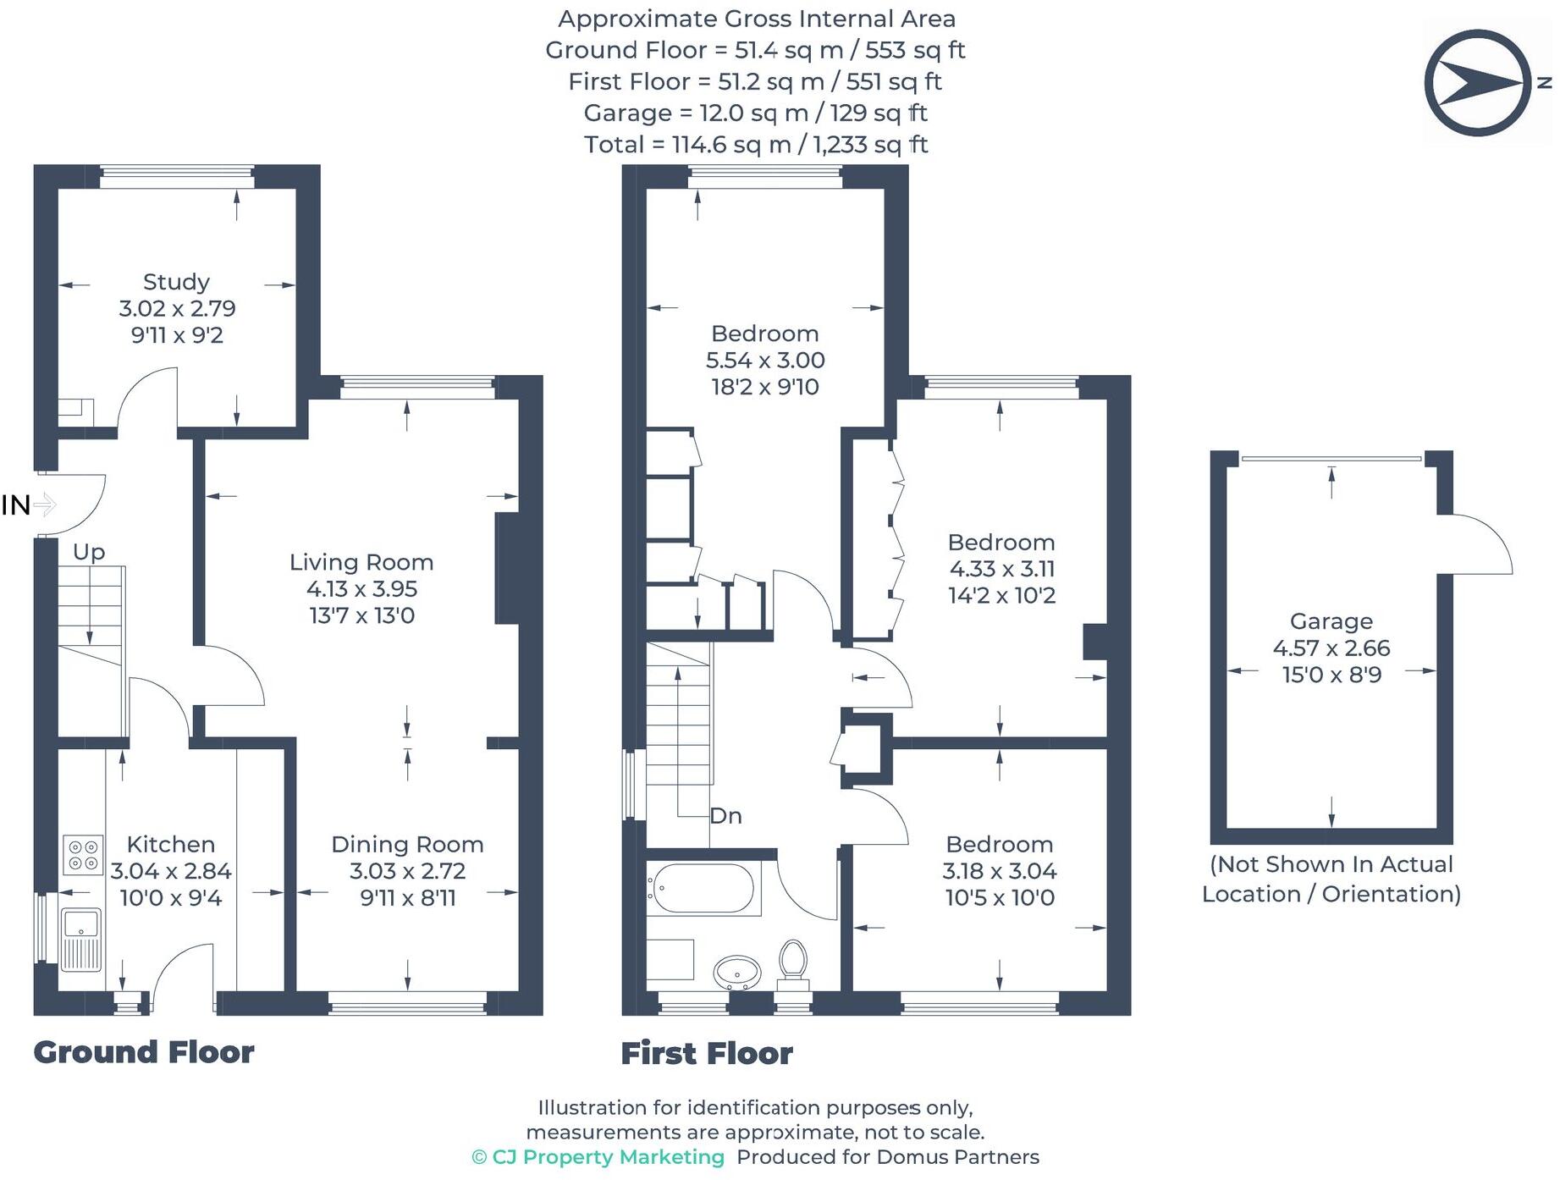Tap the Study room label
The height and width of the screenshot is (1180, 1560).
coord(176,282)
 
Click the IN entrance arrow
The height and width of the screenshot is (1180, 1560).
coord(44,505)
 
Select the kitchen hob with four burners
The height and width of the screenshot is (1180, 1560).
coord(83,854)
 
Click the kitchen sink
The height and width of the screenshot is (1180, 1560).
coord(82,939)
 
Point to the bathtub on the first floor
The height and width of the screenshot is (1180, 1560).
coord(701,889)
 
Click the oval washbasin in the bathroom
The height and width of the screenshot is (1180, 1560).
coord(737,972)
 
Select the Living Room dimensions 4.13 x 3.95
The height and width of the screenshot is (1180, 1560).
coord(361,589)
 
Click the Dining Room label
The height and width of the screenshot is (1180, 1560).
coord(407,845)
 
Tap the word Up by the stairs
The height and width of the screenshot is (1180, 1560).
coord(89,552)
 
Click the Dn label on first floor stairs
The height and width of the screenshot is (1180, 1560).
coord(725,816)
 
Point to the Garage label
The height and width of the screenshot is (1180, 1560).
coord(1331,621)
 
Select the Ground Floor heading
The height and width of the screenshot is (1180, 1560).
coord(144,1052)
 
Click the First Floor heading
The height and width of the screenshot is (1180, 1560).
coord(707,1054)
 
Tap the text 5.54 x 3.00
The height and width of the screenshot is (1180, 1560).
coord(765,361)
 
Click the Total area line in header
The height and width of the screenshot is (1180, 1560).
coord(756,145)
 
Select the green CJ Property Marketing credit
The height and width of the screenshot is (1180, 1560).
coord(598,1157)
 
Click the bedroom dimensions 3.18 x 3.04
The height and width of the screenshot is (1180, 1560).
coord(999,871)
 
